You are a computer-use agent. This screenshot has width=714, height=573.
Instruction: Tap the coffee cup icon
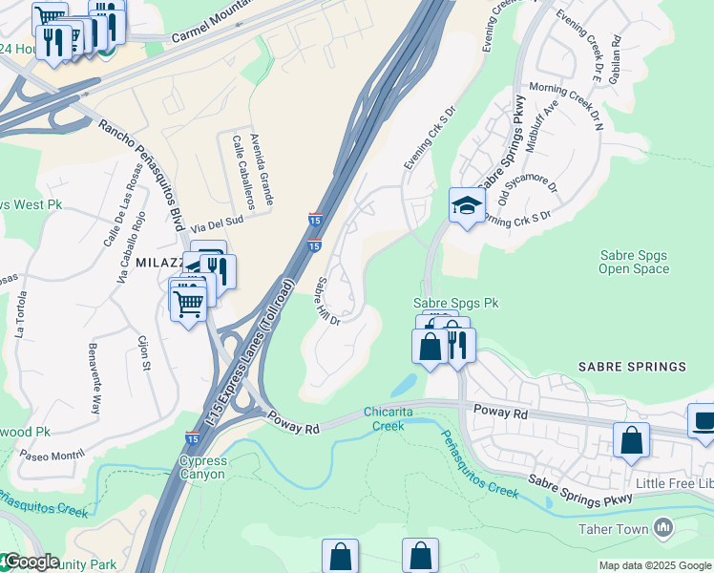tap(703, 420)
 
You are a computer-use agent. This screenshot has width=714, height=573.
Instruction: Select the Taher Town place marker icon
tap(664, 527)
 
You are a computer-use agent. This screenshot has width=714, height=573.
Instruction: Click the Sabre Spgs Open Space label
tap(633, 263)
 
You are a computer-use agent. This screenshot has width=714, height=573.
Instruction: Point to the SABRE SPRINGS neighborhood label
tap(631, 367)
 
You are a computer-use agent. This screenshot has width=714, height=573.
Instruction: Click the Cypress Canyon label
tap(202, 467)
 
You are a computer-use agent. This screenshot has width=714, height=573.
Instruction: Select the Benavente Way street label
tap(94, 377)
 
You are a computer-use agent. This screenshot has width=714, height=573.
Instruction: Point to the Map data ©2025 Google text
tap(655, 565)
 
